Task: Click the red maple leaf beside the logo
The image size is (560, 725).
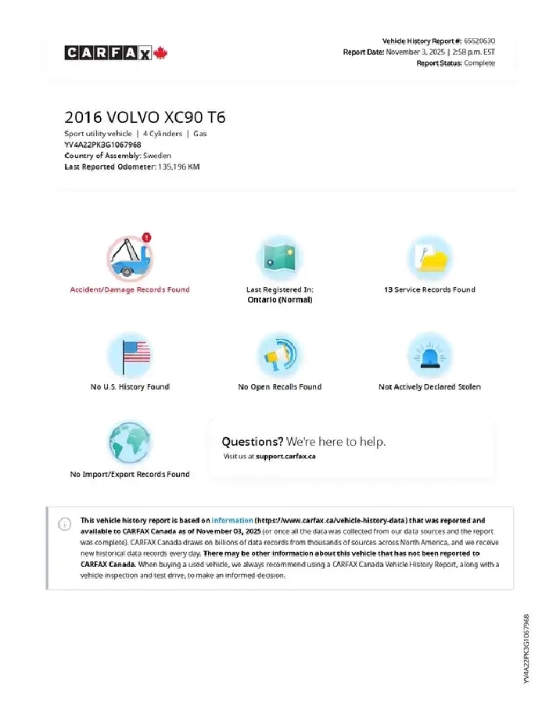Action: click(161, 52)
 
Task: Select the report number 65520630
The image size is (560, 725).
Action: click(479, 41)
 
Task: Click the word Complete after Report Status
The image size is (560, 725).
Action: click(479, 63)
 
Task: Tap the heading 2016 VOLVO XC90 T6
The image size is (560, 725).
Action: click(145, 118)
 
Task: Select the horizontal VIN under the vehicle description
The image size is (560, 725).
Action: click(102, 145)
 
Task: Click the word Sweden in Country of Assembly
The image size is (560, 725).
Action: click(157, 156)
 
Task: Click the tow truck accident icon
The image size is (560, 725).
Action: click(129, 257)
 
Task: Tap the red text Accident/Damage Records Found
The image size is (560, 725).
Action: click(130, 289)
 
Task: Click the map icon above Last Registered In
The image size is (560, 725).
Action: click(279, 257)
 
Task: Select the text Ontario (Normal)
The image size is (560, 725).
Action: click(279, 300)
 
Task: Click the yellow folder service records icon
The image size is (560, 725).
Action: click(429, 257)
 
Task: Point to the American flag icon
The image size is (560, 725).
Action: click(129, 355)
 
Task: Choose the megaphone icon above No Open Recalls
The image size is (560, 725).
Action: click(279, 355)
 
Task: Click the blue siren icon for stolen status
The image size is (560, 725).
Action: click(429, 355)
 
